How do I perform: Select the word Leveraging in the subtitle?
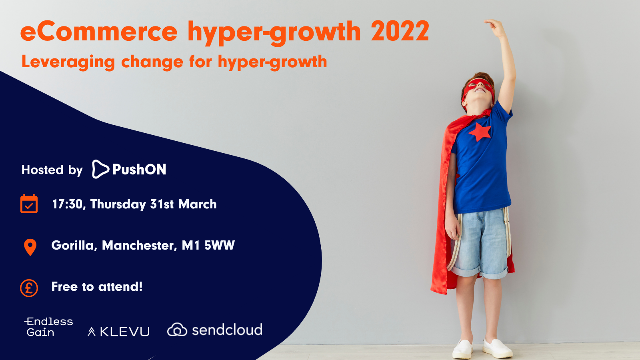68,62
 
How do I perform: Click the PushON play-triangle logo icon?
100,169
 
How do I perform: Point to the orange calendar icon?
29,204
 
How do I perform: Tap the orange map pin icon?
30,247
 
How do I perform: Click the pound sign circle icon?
29,288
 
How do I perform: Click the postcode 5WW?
220,246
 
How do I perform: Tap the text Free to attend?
97,286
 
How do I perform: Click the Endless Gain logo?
49,327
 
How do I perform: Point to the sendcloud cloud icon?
177,330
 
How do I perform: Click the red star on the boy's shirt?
480,132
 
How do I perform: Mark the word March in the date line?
198,204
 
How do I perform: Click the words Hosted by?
52,170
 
